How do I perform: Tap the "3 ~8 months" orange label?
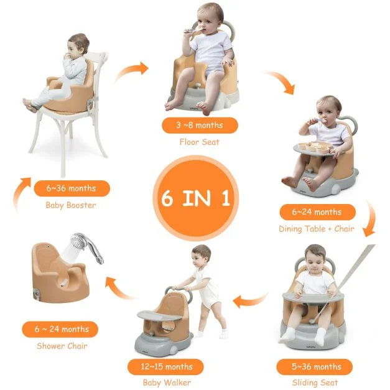[x=200, y=125]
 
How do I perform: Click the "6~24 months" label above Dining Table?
[x=317, y=212]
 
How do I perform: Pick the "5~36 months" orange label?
[x=317, y=366]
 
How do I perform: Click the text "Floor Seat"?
[x=200, y=142]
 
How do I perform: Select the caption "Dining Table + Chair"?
[x=317, y=229]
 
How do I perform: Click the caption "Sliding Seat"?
[x=317, y=383]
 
